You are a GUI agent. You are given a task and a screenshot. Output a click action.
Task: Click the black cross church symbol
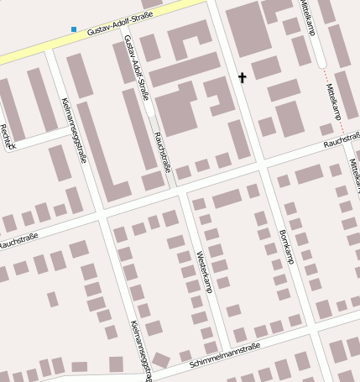tap(243, 78)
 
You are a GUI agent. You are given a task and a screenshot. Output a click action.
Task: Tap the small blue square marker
tap(74, 29)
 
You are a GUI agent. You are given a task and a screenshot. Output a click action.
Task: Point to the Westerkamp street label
tap(203, 270)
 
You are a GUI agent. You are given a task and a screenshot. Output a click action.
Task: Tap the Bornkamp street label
tap(286, 246)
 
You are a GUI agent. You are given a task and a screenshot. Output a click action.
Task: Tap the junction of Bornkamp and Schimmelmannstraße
tap(312, 333)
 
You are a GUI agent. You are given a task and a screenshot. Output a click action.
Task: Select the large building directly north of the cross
tap(245, 29)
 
